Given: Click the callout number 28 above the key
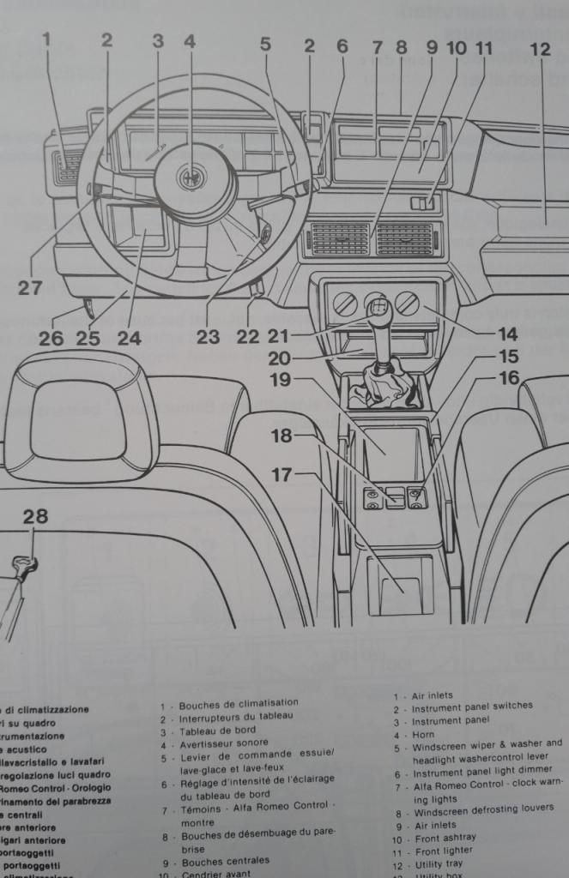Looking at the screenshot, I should (35, 516).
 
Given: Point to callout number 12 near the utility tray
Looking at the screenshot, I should (540, 50).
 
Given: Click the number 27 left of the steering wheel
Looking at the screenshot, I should (30, 288).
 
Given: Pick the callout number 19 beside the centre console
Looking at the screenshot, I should (281, 380).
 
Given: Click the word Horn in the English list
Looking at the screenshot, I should (423, 735).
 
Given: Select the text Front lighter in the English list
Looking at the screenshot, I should (444, 852).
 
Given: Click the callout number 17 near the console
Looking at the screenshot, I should (282, 473).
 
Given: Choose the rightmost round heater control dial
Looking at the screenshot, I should (409, 303).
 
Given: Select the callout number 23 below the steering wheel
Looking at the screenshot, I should (208, 337).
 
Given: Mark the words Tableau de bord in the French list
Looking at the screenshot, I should (217, 731).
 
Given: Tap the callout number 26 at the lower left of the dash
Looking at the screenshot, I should (50, 338).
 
